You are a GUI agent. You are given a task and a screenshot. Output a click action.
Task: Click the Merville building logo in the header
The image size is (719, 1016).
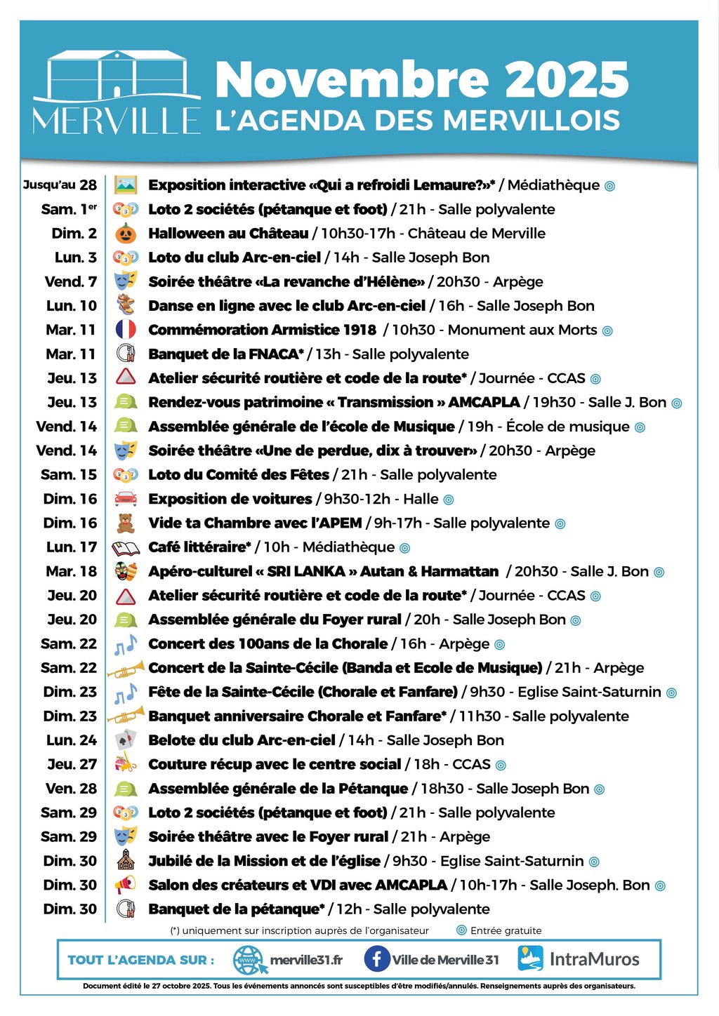click(117, 91)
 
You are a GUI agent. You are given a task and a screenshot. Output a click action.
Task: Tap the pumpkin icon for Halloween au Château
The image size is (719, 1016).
click(126, 234)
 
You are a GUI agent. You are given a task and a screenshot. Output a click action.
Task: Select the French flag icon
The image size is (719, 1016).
click(126, 330)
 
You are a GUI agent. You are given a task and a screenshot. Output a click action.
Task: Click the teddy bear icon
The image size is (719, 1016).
click(126, 523)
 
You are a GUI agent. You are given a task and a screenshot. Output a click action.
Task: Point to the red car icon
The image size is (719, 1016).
click(126, 499)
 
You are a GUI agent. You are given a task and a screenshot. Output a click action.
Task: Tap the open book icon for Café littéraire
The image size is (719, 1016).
click(126, 547)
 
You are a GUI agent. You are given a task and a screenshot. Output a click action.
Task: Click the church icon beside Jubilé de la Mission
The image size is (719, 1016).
click(126, 860)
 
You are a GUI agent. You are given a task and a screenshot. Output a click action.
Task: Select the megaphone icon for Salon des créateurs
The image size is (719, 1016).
click(126, 885)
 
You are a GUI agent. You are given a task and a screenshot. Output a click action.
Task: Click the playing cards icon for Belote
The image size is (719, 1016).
click(126, 740)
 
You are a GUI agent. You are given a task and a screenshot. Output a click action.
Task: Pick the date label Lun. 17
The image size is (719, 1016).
click(72, 547)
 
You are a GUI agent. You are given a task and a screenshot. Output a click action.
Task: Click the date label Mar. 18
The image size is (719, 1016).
click(72, 571)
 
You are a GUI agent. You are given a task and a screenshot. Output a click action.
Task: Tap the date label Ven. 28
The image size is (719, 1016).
click(72, 788)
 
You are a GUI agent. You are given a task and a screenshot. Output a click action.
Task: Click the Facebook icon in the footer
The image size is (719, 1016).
click(376, 959)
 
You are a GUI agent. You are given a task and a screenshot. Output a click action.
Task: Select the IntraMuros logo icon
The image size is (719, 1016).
click(531, 959)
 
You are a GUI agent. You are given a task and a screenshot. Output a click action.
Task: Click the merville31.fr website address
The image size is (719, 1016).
click(306, 960)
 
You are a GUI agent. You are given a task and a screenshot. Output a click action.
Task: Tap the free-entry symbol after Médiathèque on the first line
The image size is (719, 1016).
click(609, 186)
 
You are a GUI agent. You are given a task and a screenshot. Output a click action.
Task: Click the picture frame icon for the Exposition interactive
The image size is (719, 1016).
click(126, 185)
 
